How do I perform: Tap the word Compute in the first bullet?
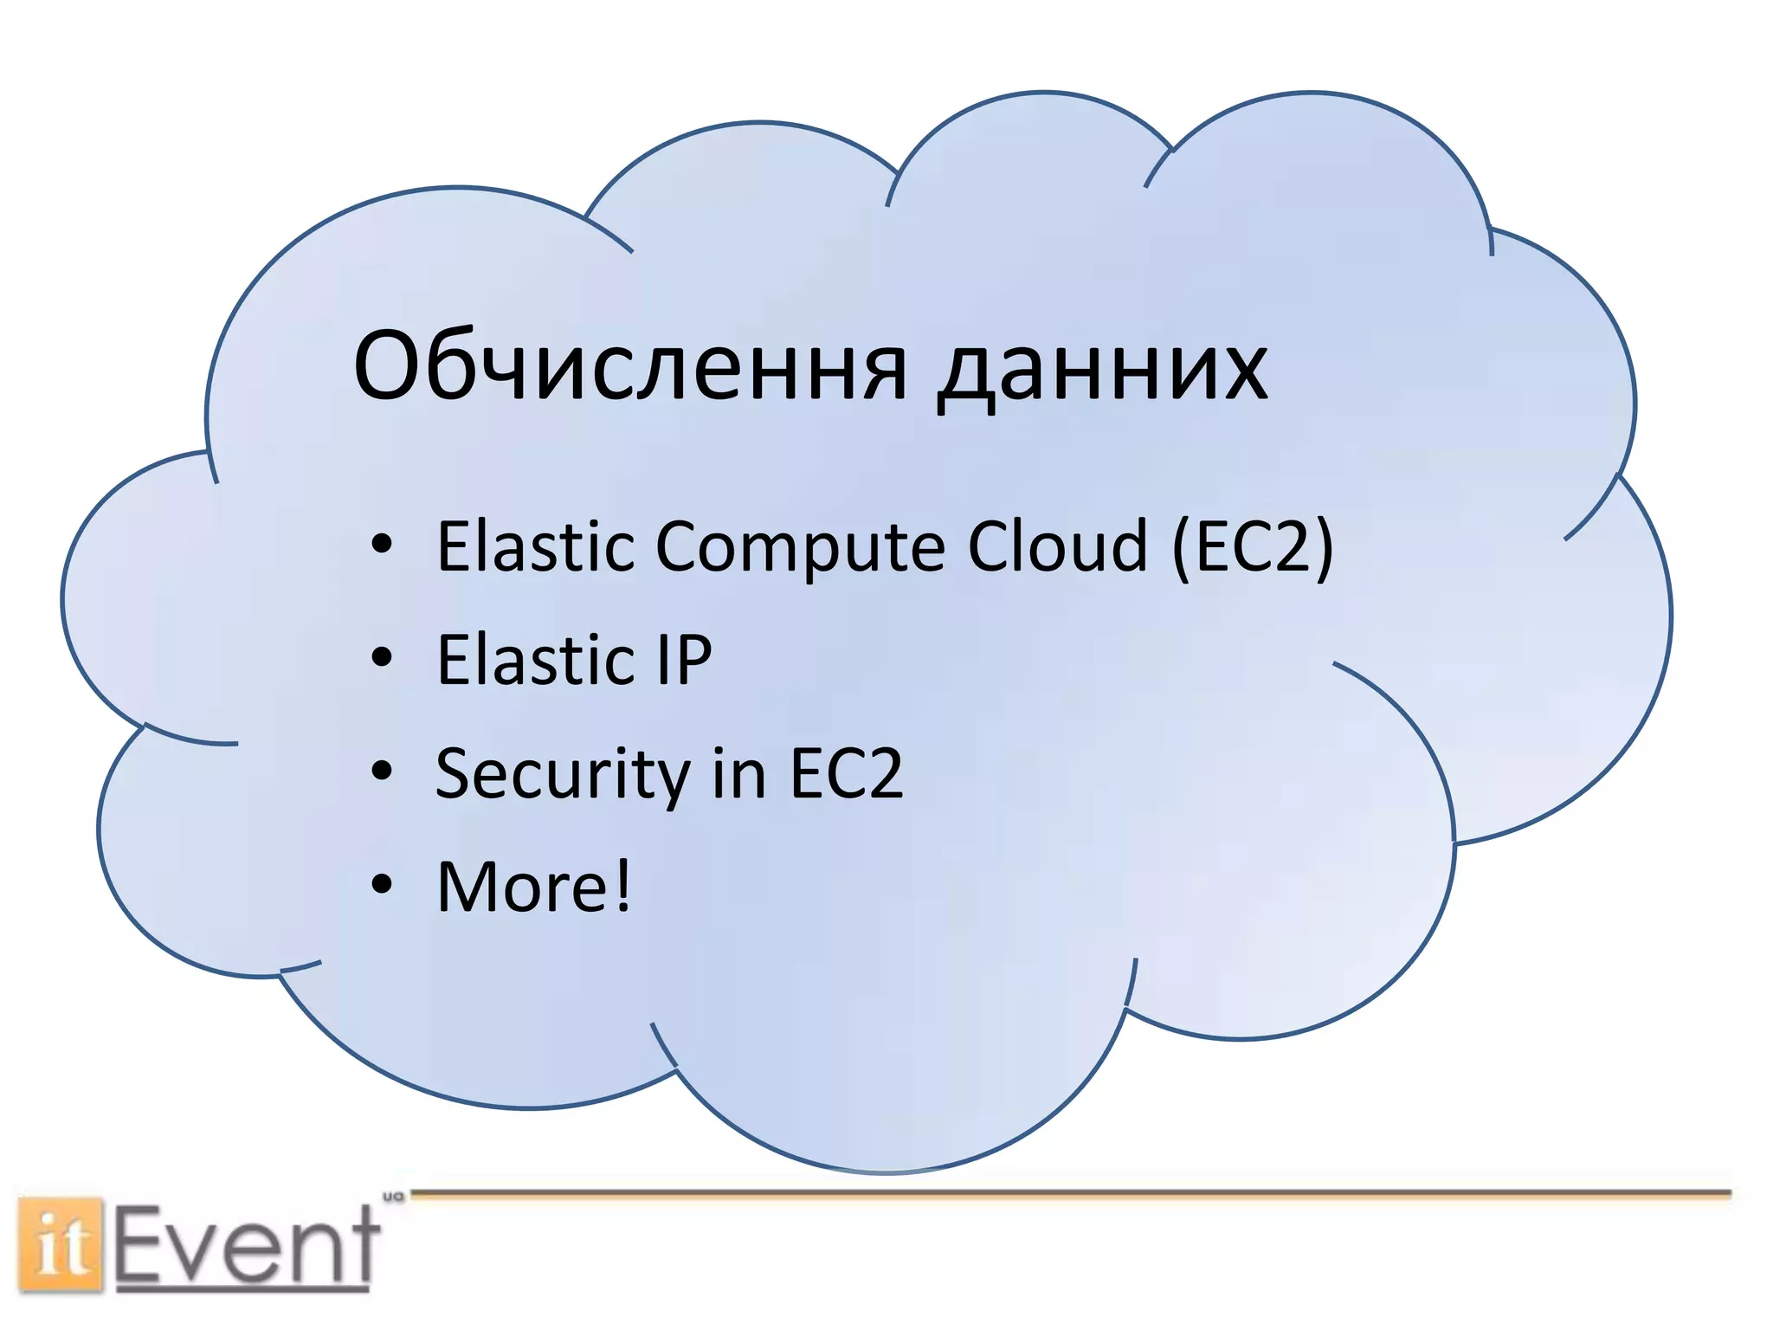coord(800,548)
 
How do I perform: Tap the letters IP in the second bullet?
coord(684,660)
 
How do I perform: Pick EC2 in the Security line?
coord(846,773)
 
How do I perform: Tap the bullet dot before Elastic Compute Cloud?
coord(382,546)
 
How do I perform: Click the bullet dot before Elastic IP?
coord(382,658)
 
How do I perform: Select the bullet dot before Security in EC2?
coord(382,772)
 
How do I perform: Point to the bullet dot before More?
coord(382,885)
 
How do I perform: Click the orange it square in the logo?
coord(61,1245)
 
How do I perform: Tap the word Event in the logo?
coord(247,1247)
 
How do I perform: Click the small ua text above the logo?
coord(393,1197)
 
